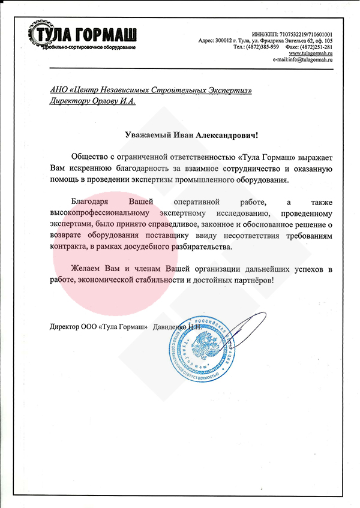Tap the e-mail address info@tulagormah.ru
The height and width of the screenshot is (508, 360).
(311, 60)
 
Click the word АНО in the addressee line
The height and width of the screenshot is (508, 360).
(59, 90)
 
